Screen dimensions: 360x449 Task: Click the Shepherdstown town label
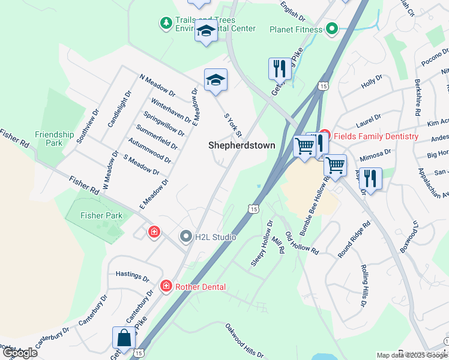pos(241,145)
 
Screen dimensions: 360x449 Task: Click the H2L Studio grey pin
pos(186,237)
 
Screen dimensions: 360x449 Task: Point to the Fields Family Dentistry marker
pos(325,136)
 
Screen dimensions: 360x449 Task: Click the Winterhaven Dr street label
pos(172,110)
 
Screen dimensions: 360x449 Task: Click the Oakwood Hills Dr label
pos(244,341)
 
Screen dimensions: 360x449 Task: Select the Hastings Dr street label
pos(132,278)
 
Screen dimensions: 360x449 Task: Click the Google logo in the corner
pos(20,352)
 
